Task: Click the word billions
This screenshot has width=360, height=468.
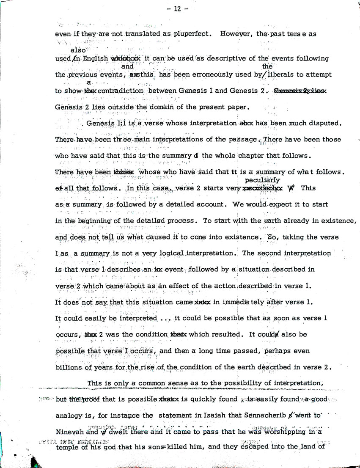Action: (71, 366)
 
